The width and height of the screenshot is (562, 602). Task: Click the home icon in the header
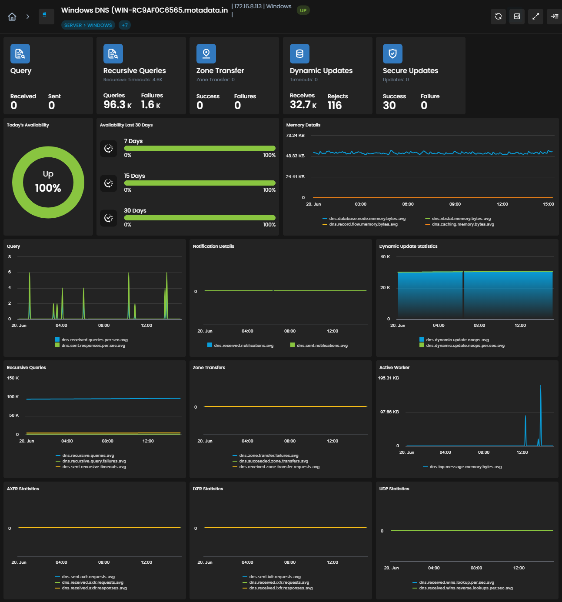12,17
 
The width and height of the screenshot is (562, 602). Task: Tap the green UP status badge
303,10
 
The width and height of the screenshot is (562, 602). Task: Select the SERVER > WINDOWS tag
88,25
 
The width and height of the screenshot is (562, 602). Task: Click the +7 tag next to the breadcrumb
125,25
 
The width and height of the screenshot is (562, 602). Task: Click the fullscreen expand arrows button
535,17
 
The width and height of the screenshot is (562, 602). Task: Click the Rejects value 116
334,105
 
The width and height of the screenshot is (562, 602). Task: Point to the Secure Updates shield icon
392,53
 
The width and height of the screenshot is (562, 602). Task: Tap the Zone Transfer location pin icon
206,53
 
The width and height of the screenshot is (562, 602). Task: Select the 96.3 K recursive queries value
117,105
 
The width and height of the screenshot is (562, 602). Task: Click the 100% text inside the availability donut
48,188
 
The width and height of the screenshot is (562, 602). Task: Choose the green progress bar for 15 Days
200,183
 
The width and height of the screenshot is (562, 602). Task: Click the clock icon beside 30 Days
109,218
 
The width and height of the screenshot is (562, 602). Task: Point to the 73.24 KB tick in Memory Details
295,136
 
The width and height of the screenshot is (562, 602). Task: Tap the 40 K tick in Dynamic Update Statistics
385,257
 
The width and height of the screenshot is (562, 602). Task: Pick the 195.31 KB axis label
388,378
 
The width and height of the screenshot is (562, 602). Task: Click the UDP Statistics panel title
394,489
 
